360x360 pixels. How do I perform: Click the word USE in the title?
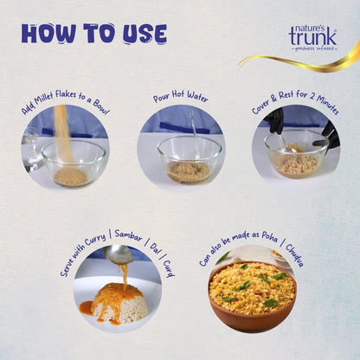click(140, 34)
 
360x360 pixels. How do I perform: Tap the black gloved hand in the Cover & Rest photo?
click(275, 123)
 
